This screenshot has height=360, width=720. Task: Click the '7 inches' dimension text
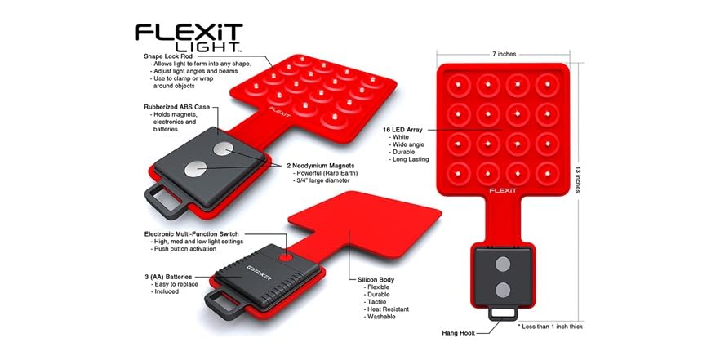pos(505,55)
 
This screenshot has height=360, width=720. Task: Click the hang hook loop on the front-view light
pos(504,313)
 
